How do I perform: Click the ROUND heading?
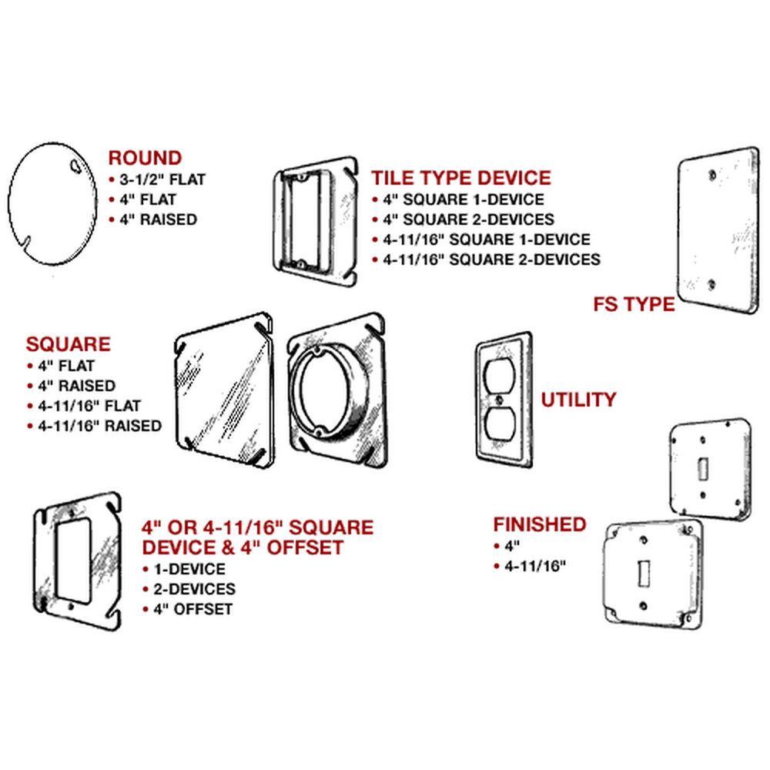(x=145, y=159)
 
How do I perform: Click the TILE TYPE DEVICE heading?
(x=461, y=178)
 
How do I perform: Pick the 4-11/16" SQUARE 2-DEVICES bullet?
(x=490, y=259)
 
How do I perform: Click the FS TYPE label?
(x=634, y=303)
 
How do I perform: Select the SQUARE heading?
(x=69, y=344)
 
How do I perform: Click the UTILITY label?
(x=578, y=400)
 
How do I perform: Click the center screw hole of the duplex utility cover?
(x=501, y=401)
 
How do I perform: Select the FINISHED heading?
(x=540, y=524)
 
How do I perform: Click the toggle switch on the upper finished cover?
(x=703, y=467)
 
